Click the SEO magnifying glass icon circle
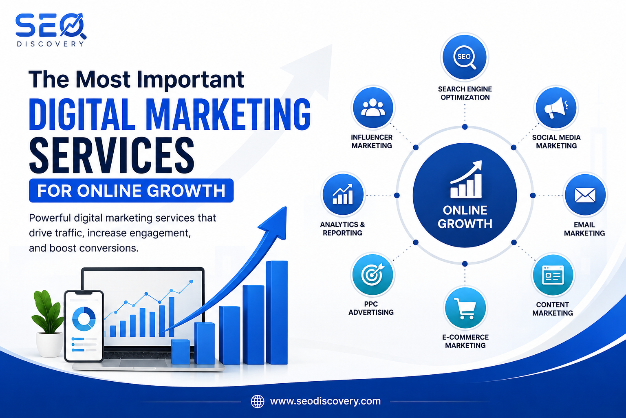coord(465,57)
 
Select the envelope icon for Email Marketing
coord(585,195)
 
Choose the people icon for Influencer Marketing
coord(373,108)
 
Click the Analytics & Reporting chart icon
coord(343,195)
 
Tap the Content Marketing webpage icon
coord(553,275)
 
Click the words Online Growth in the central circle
coord(465,217)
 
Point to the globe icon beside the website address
coord(258,402)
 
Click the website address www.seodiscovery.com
coord(325,401)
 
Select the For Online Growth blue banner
coord(131,190)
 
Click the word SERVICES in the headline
coord(112,156)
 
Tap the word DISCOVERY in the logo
coord(50,44)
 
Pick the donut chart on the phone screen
coord(84,319)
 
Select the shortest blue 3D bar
coord(181,351)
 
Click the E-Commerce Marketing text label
coord(465,341)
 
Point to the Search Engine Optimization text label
coord(465,93)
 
